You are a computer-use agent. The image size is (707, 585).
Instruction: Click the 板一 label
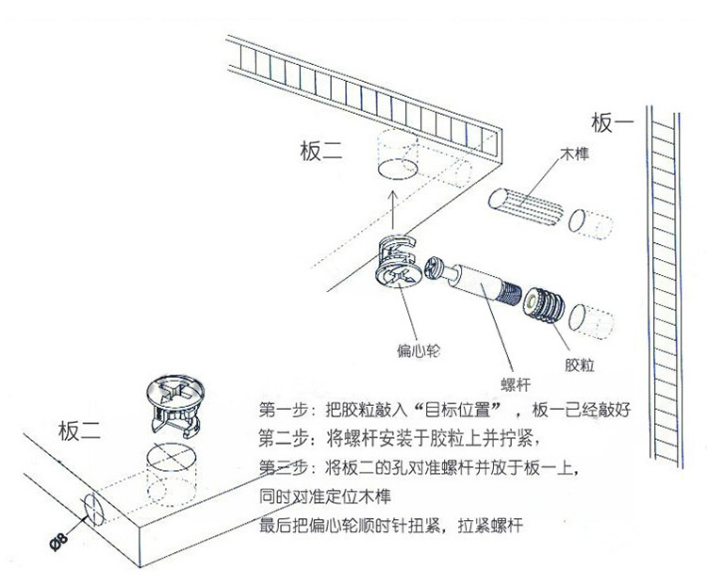coord(613,123)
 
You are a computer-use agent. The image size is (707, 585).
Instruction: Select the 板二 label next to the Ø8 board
coord(80,431)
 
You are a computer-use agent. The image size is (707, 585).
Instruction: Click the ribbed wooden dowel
coord(527,202)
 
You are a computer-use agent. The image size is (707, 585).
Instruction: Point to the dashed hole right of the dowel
coord(595,224)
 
